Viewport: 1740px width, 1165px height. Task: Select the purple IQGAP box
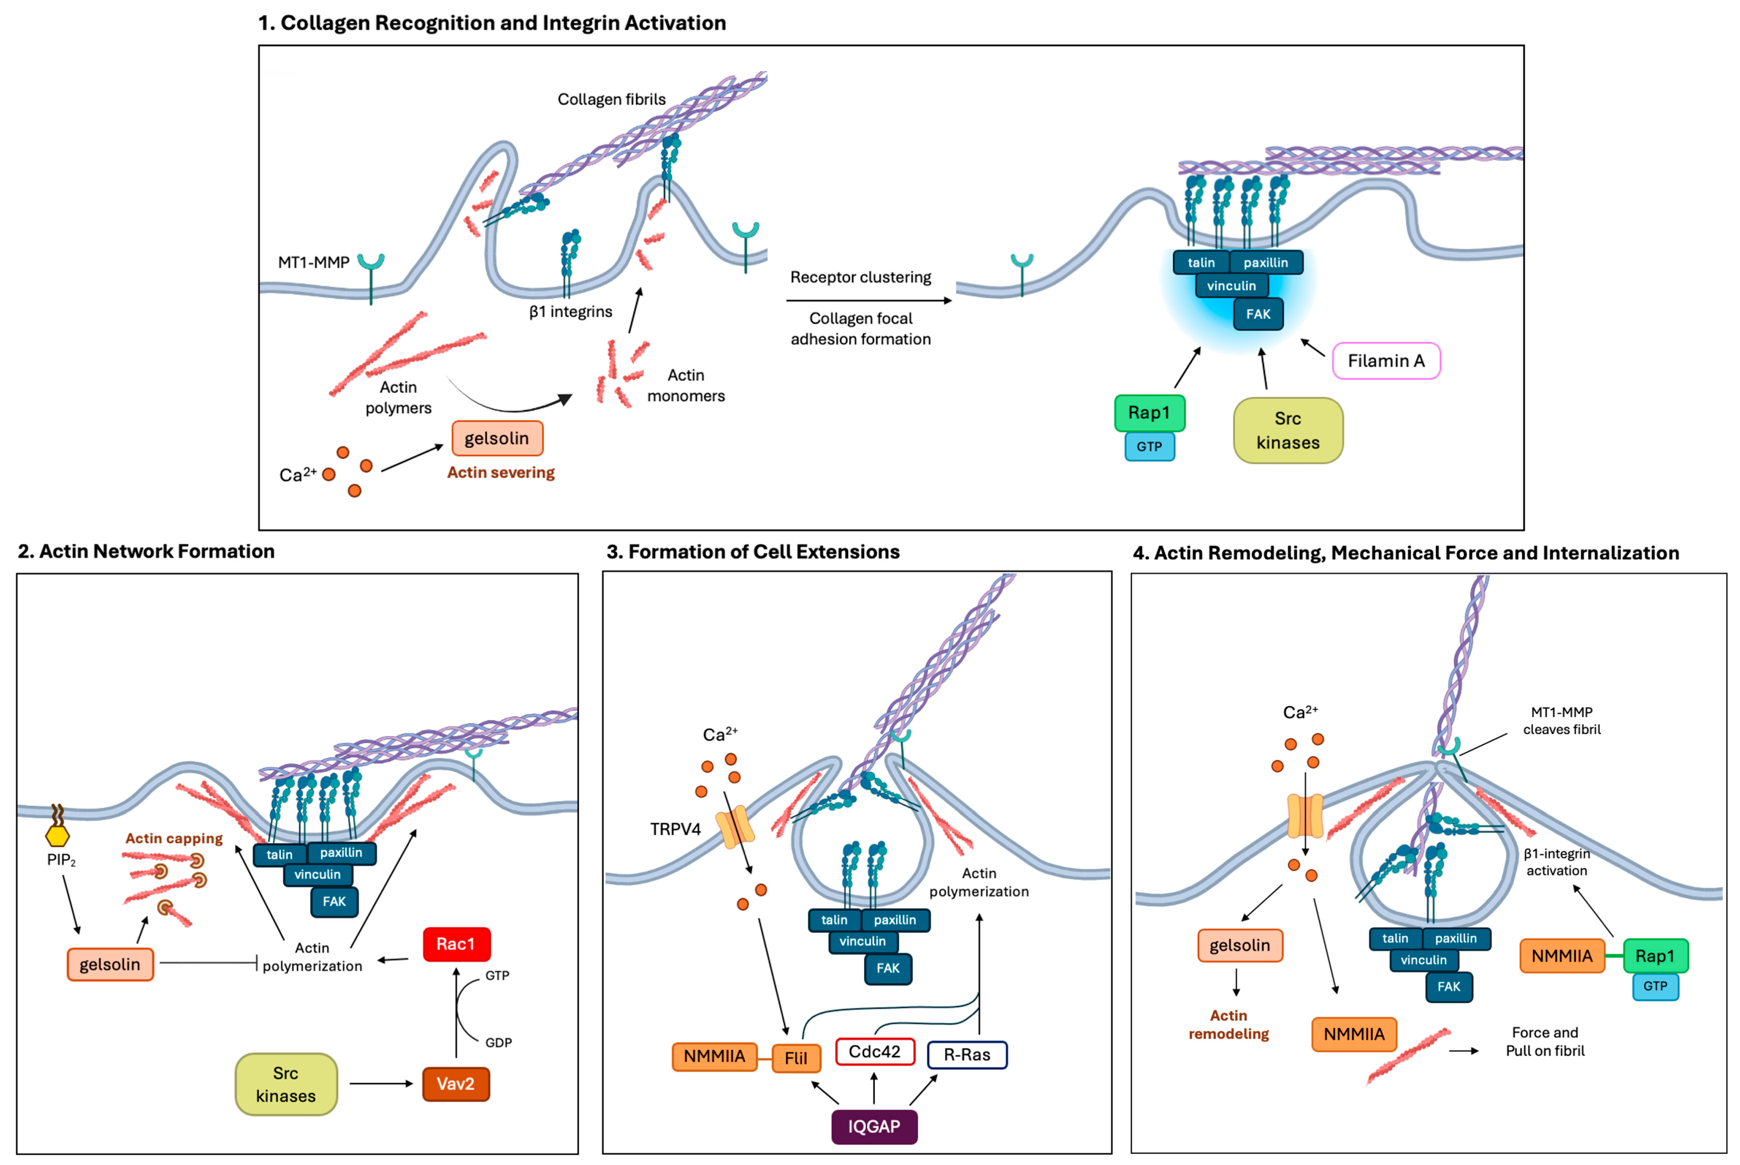click(x=874, y=1126)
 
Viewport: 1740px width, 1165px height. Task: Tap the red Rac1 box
click(x=456, y=944)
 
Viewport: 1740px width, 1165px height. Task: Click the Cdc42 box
click(x=874, y=1052)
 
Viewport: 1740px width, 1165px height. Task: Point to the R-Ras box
click(x=967, y=1055)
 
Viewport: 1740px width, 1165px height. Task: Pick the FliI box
click(x=796, y=1058)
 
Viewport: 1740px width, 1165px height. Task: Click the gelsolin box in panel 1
click(x=497, y=438)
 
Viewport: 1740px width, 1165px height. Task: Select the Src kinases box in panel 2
click(x=286, y=1084)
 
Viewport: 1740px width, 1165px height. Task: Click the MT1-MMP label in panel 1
click(x=313, y=262)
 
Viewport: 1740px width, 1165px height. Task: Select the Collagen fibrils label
click(x=611, y=99)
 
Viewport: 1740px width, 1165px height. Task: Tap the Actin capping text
click(x=174, y=838)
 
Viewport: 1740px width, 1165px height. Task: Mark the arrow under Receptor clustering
click(x=868, y=301)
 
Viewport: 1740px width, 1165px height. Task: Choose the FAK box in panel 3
click(x=888, y=968)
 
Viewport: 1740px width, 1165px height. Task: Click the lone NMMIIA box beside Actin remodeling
click(x=1354, y=1034)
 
